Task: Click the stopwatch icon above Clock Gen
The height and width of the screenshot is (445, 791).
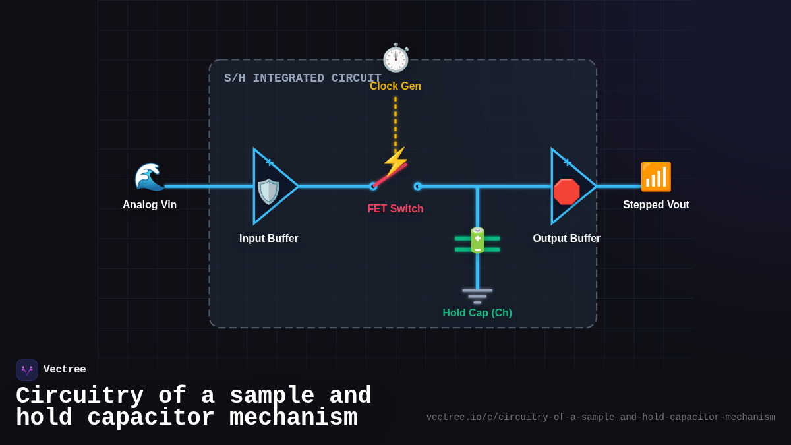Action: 395,58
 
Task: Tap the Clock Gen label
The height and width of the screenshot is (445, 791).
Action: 395,86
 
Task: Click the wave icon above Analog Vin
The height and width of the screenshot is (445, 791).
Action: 150,177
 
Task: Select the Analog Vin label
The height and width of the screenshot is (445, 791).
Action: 150,205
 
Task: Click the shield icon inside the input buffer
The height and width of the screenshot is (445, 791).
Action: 268,192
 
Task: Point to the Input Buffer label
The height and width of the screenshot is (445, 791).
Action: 269,239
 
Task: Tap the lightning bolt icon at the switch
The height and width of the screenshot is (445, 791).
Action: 395,161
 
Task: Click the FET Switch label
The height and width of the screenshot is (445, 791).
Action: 395,209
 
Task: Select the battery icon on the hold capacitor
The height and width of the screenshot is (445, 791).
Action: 477,241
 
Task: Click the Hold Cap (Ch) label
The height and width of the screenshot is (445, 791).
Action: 477,313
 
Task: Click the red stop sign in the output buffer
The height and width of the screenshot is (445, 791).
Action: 566,192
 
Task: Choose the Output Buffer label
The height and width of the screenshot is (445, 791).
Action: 567,239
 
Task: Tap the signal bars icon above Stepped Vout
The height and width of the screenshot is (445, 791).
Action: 656,177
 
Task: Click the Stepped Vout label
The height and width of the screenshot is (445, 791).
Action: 656,205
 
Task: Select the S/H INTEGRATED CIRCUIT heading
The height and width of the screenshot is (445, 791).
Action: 303,78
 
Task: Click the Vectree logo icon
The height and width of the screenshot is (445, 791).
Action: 27,370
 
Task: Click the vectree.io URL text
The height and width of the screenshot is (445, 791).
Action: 601,417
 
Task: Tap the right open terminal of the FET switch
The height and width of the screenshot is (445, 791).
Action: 417,186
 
